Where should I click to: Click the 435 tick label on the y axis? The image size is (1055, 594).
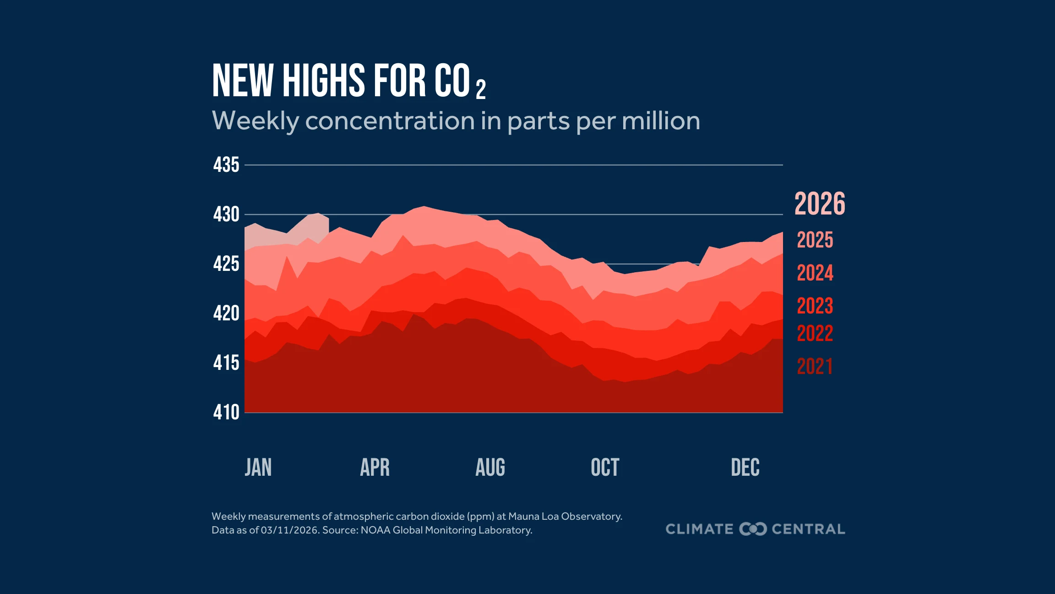226,165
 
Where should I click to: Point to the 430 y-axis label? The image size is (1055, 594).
226,214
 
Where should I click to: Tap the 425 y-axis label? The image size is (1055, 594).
226,264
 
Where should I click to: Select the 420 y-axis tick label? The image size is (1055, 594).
226,313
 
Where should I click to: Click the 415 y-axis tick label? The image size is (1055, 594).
226,363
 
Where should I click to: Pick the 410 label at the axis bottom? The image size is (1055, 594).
226,412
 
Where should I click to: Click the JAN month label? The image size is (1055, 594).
258,467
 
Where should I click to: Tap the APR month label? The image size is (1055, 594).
375,467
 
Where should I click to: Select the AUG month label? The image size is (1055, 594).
490,467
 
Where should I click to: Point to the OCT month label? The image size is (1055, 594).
605,467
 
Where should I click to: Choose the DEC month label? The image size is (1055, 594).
745,467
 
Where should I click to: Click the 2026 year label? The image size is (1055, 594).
820,204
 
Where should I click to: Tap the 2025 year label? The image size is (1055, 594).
815,240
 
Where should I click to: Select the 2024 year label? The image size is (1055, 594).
815,273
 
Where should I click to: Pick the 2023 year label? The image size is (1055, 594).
815,306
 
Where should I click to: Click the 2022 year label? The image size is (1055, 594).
815,334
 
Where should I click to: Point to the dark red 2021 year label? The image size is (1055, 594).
815,367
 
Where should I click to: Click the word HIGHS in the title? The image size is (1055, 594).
324,81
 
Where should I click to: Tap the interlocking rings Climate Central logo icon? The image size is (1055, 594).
753,529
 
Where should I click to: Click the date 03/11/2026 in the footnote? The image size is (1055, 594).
289,530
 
